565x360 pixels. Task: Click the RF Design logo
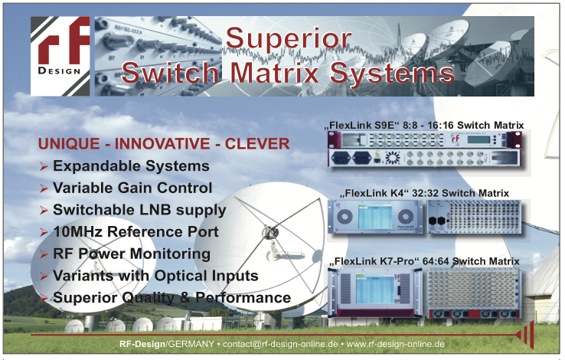[60, 56]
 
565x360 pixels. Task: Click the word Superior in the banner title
[289, 38]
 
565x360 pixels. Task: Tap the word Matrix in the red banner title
[274, 73]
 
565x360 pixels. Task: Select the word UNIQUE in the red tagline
[69, 144]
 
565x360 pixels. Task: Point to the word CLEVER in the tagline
[257, 144]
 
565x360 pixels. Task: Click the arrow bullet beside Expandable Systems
[44, 166]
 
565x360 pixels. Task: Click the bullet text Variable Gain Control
[132, 188]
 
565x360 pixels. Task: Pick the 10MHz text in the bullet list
[78, 232]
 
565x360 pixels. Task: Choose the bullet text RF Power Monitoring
[132, 254]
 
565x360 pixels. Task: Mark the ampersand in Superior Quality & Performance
[185, 298]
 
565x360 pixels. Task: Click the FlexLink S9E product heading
[424, 126]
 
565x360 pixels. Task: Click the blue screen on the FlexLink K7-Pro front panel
[374, 290]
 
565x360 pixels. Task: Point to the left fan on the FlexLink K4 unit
[345, 217]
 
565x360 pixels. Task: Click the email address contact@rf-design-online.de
[280, 344]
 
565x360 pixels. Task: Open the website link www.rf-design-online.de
[395, 344]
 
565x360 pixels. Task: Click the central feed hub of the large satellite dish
[270, 232]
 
